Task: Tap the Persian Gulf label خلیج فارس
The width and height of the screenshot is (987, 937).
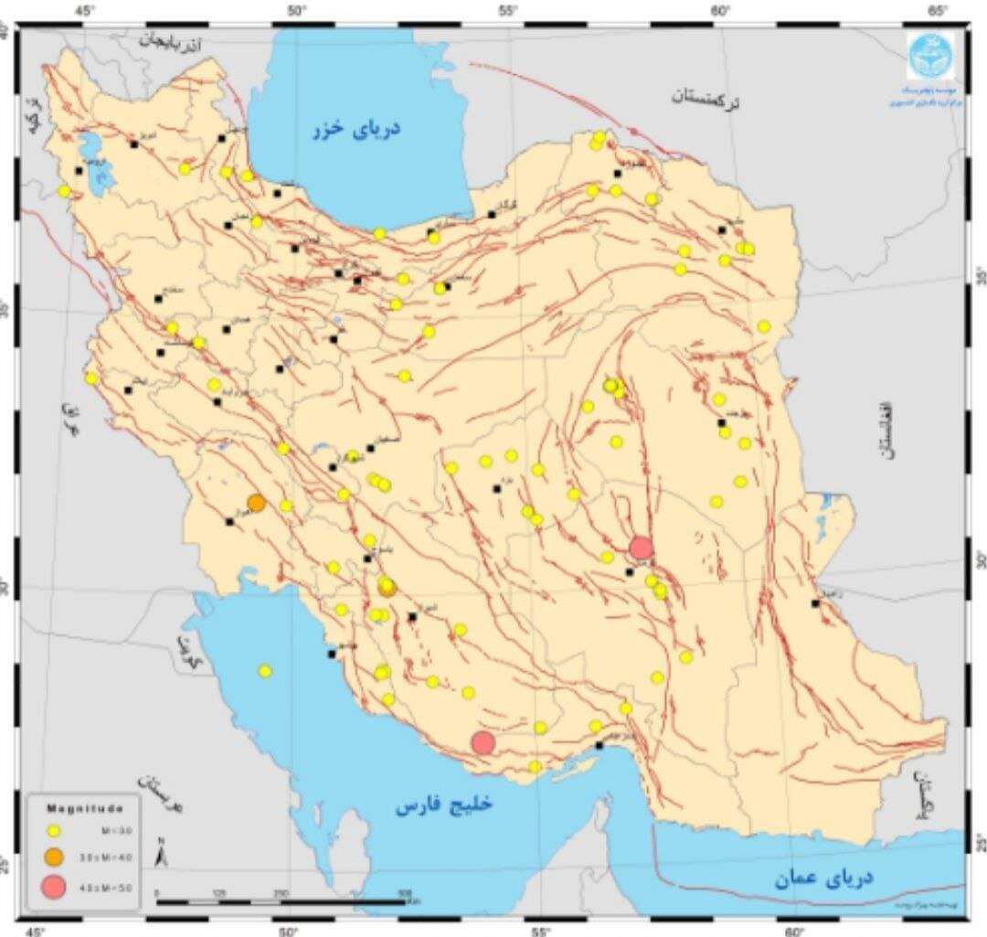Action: pos(444,804)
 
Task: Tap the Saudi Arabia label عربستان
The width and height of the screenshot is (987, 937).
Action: pos(154,795)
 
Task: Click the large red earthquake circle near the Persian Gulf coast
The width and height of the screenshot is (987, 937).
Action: pos(483,742)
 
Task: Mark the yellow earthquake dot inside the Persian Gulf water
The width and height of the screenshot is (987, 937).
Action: pos(265,671)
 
